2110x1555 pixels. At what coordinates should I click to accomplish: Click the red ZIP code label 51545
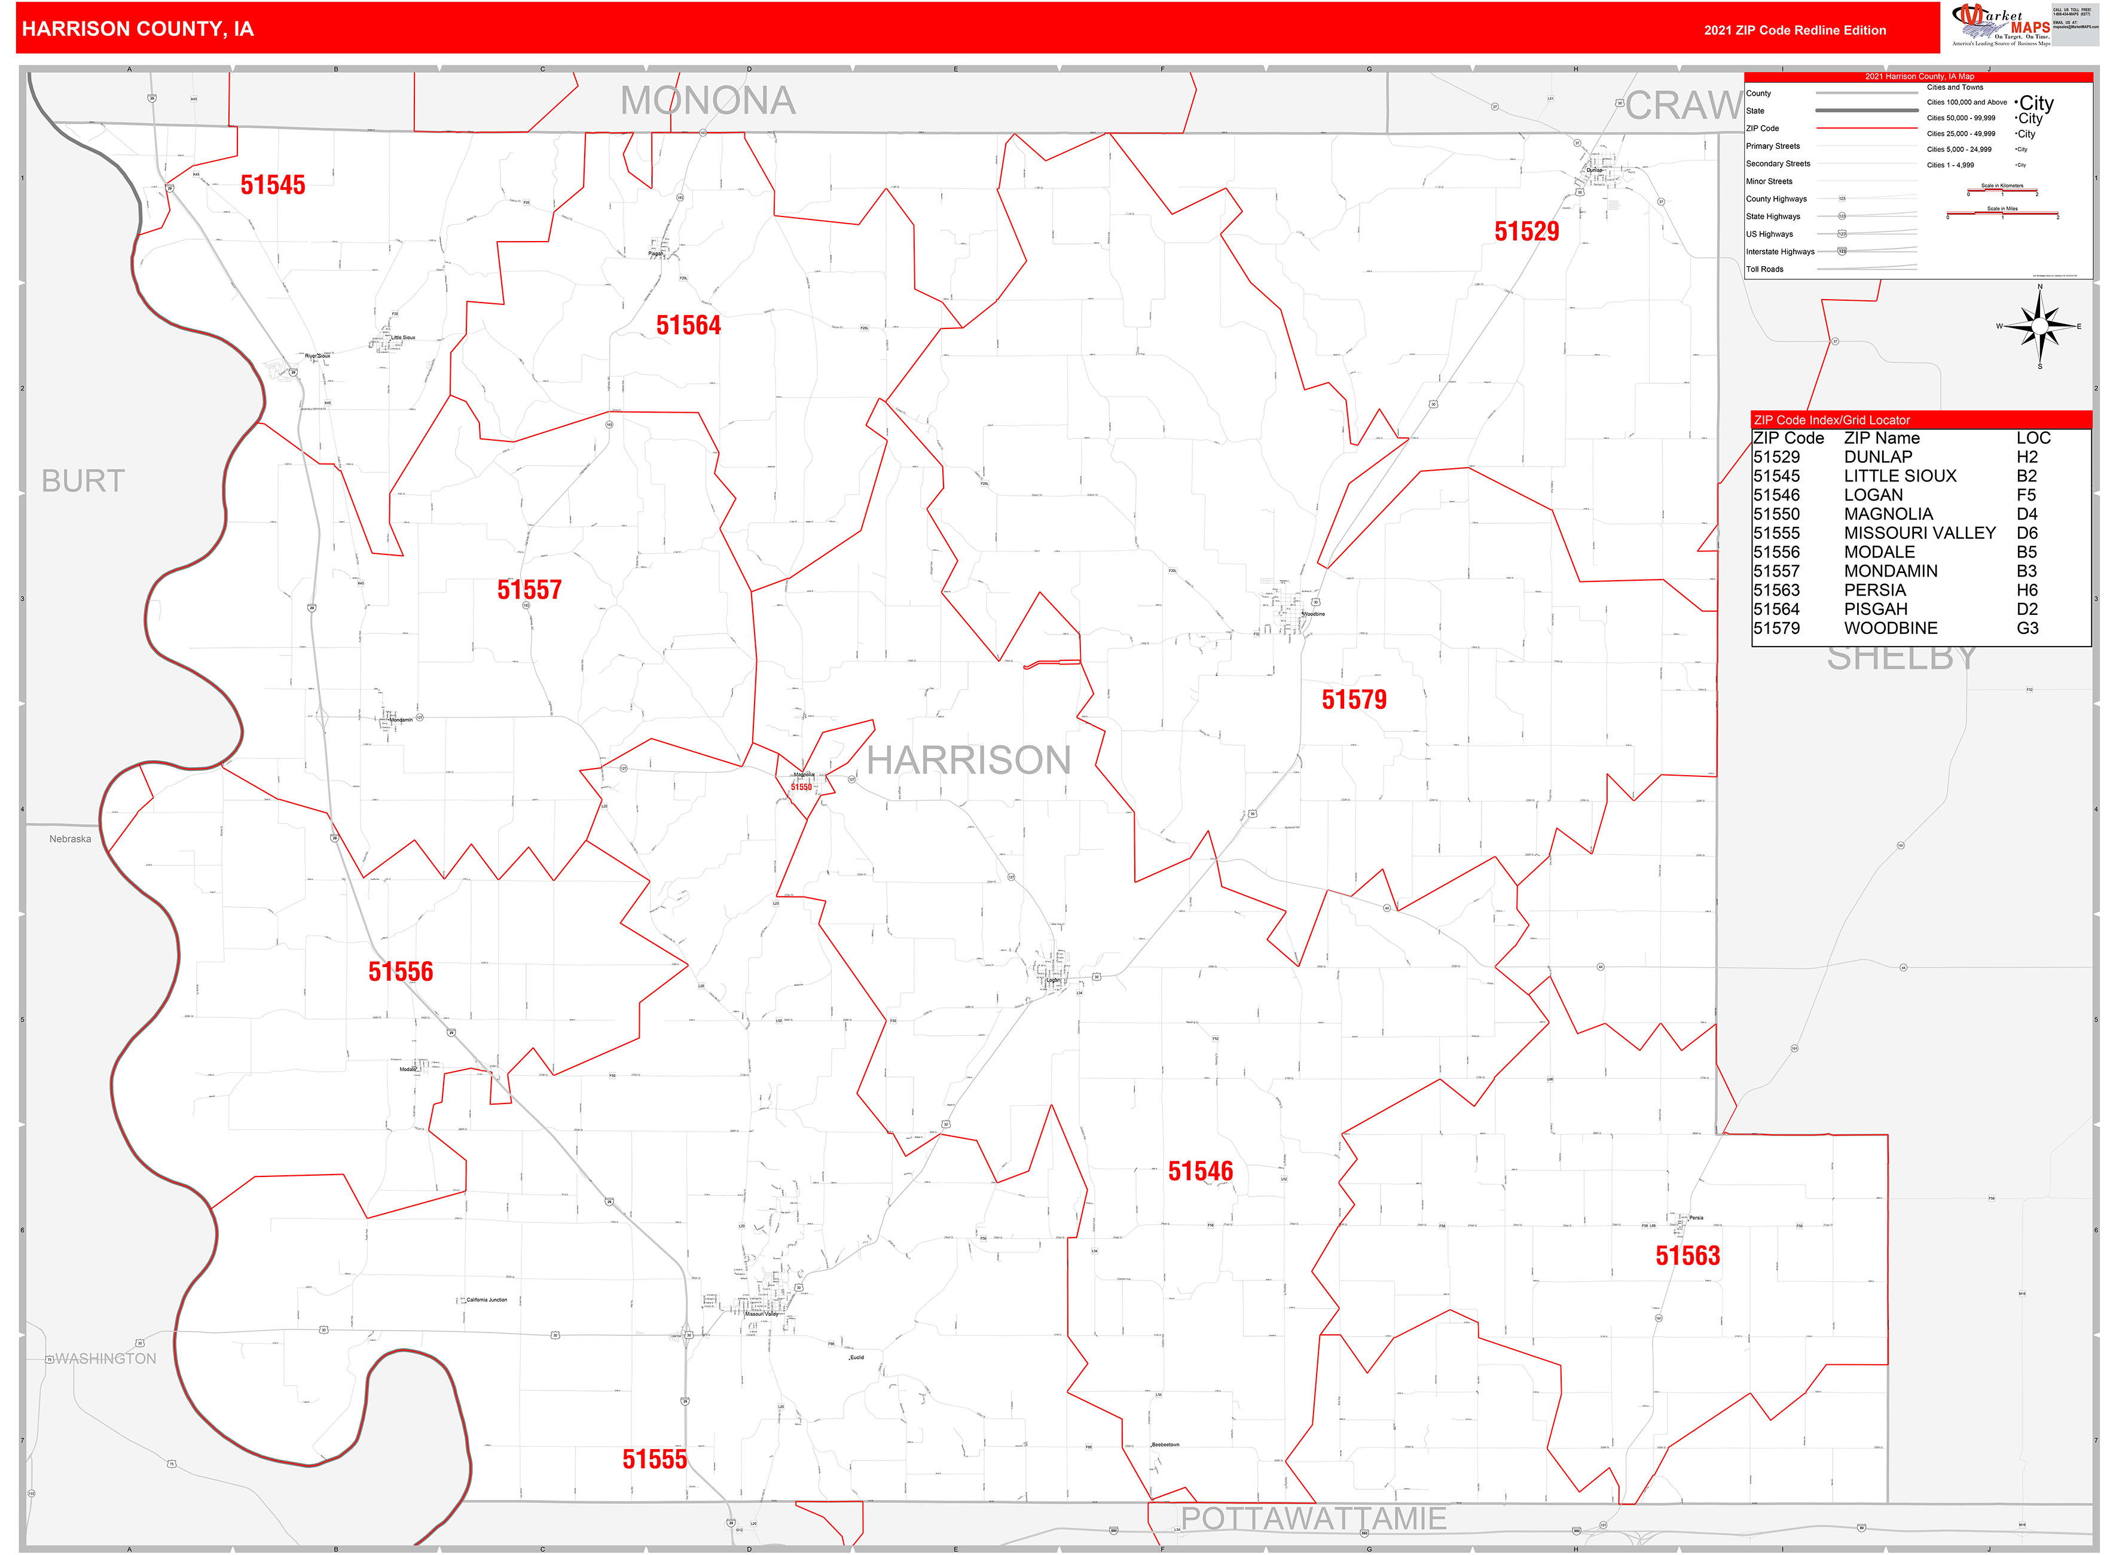pos(273,185)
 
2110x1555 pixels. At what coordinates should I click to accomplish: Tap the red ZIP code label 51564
pos(688,326)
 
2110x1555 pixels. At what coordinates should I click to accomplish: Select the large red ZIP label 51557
pos(529,590)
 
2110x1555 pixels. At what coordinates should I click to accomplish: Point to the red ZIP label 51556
pos(401,971)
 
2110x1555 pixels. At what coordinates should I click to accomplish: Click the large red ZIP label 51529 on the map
pos(1526,231)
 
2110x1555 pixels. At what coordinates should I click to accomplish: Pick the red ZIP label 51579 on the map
pos(1353,699)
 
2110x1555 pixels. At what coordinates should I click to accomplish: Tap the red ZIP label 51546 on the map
pos(1200,1171)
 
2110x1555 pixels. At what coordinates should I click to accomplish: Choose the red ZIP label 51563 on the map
pos(1687,1256)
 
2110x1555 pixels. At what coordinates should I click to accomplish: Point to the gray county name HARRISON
pos(969,761)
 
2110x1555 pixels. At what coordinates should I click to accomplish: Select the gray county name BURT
pos(83,481)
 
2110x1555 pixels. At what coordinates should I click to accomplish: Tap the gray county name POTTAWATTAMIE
pos(1314,1519)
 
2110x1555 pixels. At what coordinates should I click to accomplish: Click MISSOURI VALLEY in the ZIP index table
pos(1919,533)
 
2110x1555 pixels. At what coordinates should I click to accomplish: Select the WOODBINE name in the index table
pos(1890,628)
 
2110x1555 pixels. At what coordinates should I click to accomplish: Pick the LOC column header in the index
pos(2033,438)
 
